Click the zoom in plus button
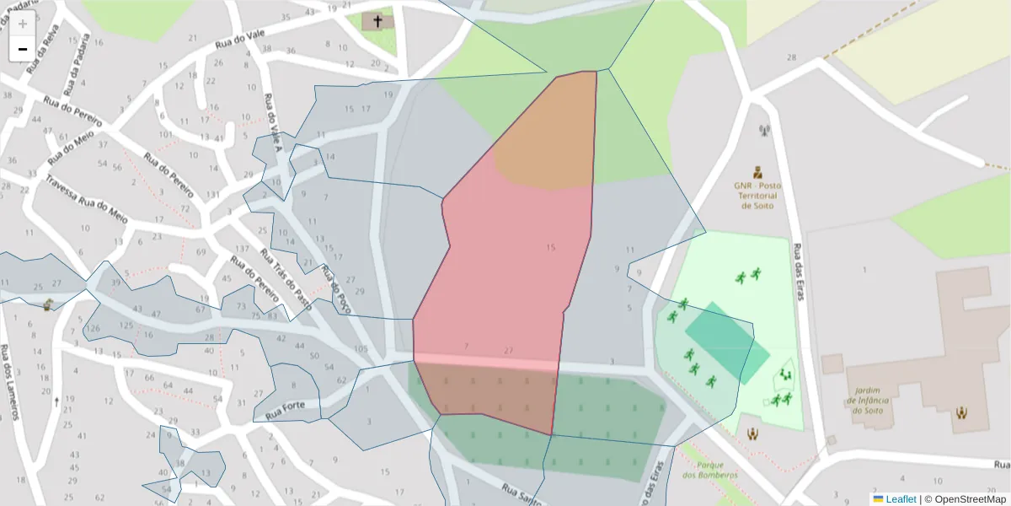pos(23,24)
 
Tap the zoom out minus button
pos(23,49)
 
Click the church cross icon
pos(377,20)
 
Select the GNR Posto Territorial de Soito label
pos(757,195)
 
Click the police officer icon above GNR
pos(757,171)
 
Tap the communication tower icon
pos(764,131)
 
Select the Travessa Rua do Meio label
pos(87,199)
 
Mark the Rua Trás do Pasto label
pos(286,279)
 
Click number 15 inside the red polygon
pos(551,248)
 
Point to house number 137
pos(243,249)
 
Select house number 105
pos(361,349)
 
